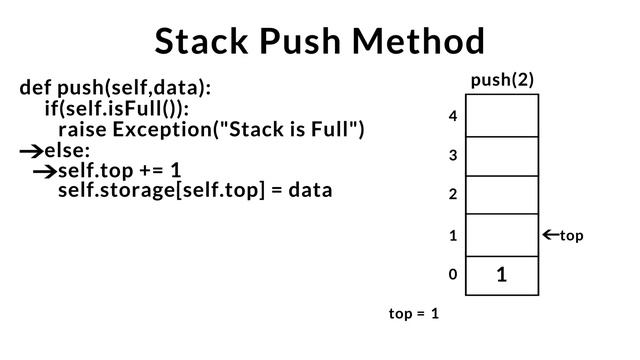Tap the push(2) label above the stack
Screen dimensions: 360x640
502,80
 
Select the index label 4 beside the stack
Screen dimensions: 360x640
453,117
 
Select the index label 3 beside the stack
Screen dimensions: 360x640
453,156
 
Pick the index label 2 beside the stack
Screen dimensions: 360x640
453,195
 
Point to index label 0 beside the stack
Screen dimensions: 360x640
453,274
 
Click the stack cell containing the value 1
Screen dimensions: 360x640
502,275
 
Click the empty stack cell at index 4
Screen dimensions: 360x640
502,116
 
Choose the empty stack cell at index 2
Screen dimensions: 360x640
502,195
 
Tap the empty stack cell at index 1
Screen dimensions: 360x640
502,235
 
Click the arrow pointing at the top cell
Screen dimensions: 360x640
550,236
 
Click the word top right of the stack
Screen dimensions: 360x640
572,236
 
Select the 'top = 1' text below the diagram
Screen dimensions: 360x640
414,314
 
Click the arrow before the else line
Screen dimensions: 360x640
30,152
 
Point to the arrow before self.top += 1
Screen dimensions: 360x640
43,171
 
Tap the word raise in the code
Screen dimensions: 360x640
83,130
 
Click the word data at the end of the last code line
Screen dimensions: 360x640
310,190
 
